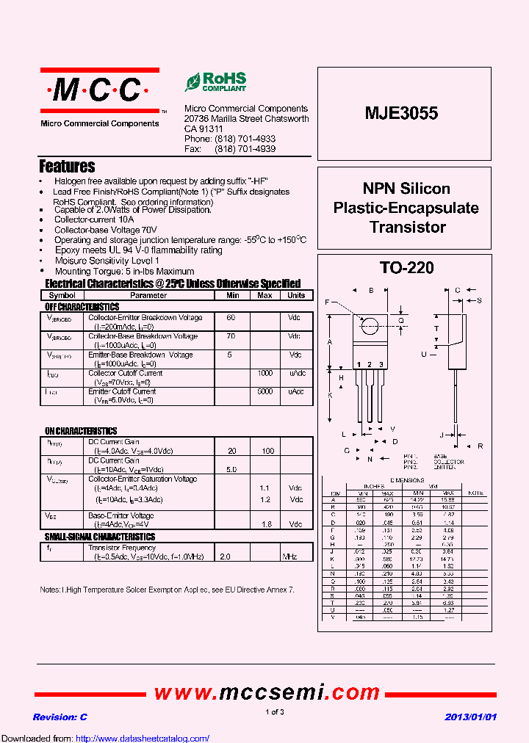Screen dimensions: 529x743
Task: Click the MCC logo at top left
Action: pos(99,90)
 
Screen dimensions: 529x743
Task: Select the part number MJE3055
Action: pos(401,113)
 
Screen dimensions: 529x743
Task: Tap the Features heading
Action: pos(67,167)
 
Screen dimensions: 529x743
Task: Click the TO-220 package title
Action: pos(406,268)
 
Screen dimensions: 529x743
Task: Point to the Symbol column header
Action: pos(62,295)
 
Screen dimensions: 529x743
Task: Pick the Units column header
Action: pos(296,295)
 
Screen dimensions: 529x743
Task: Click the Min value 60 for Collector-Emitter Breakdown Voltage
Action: pos(231,317)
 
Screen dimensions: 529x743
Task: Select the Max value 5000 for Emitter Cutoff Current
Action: pos(264,391)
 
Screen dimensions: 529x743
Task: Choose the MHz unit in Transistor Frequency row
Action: pos(289,557)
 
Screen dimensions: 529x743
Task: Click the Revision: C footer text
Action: pos(60,717)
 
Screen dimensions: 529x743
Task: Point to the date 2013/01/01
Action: pos(471,717)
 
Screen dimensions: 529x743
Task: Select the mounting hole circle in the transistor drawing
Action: pos(371,325)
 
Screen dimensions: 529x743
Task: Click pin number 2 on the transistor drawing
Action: pos(370,364)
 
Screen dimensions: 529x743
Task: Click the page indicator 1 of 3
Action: pos(274,712)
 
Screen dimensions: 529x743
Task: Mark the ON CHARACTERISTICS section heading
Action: pos(81,431)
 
